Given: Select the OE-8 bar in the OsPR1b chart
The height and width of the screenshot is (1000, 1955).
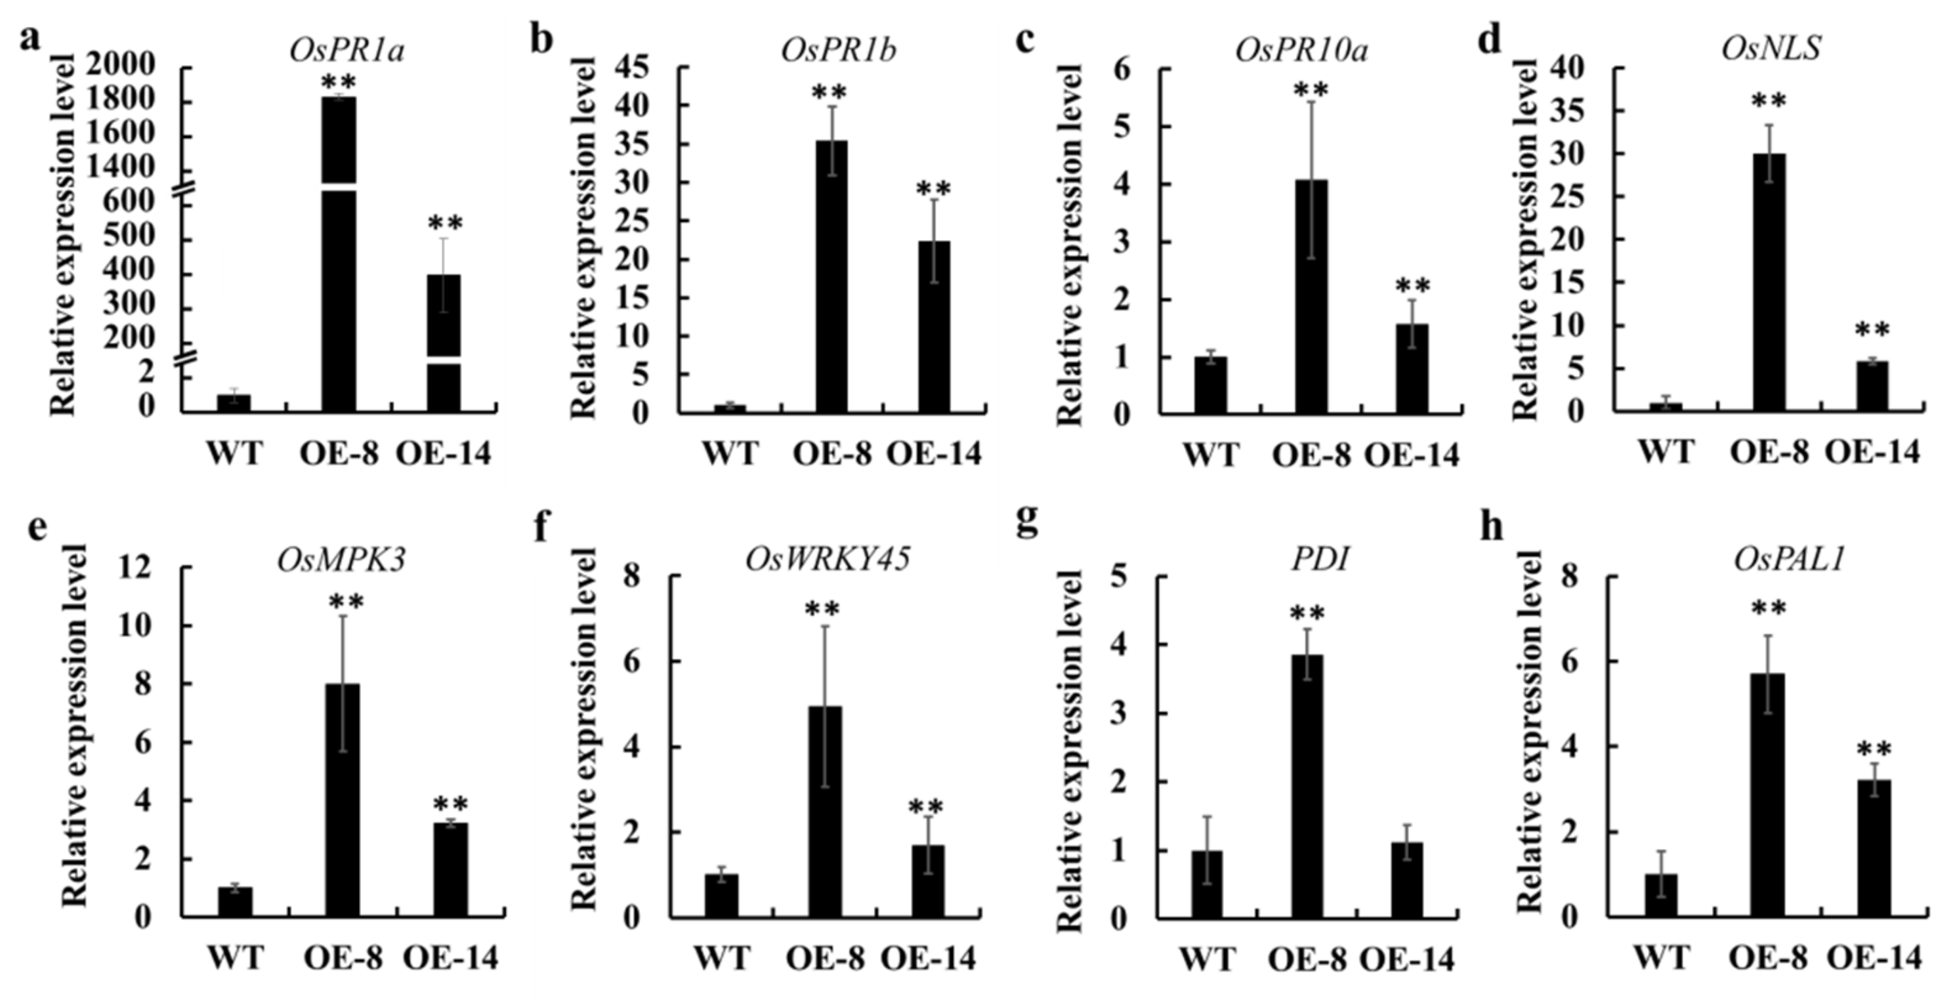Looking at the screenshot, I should click(831, 277).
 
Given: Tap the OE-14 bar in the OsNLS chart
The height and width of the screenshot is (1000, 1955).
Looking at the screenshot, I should click(1872, 387).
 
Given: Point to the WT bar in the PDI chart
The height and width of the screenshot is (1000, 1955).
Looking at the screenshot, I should click(1207, 884).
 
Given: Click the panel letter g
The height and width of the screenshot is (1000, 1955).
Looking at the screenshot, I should click(1027, 524).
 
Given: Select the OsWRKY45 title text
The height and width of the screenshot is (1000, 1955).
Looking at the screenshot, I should click(828, 560).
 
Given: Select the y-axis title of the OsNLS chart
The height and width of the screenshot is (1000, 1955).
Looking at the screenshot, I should click(1524, 241).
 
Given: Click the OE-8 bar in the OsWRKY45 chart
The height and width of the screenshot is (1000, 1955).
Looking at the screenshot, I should click(825, 812).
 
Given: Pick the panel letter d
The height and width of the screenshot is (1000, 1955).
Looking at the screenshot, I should click(1490, 39).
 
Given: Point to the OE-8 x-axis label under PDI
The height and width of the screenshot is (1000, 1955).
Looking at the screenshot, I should click(1307, 960).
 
